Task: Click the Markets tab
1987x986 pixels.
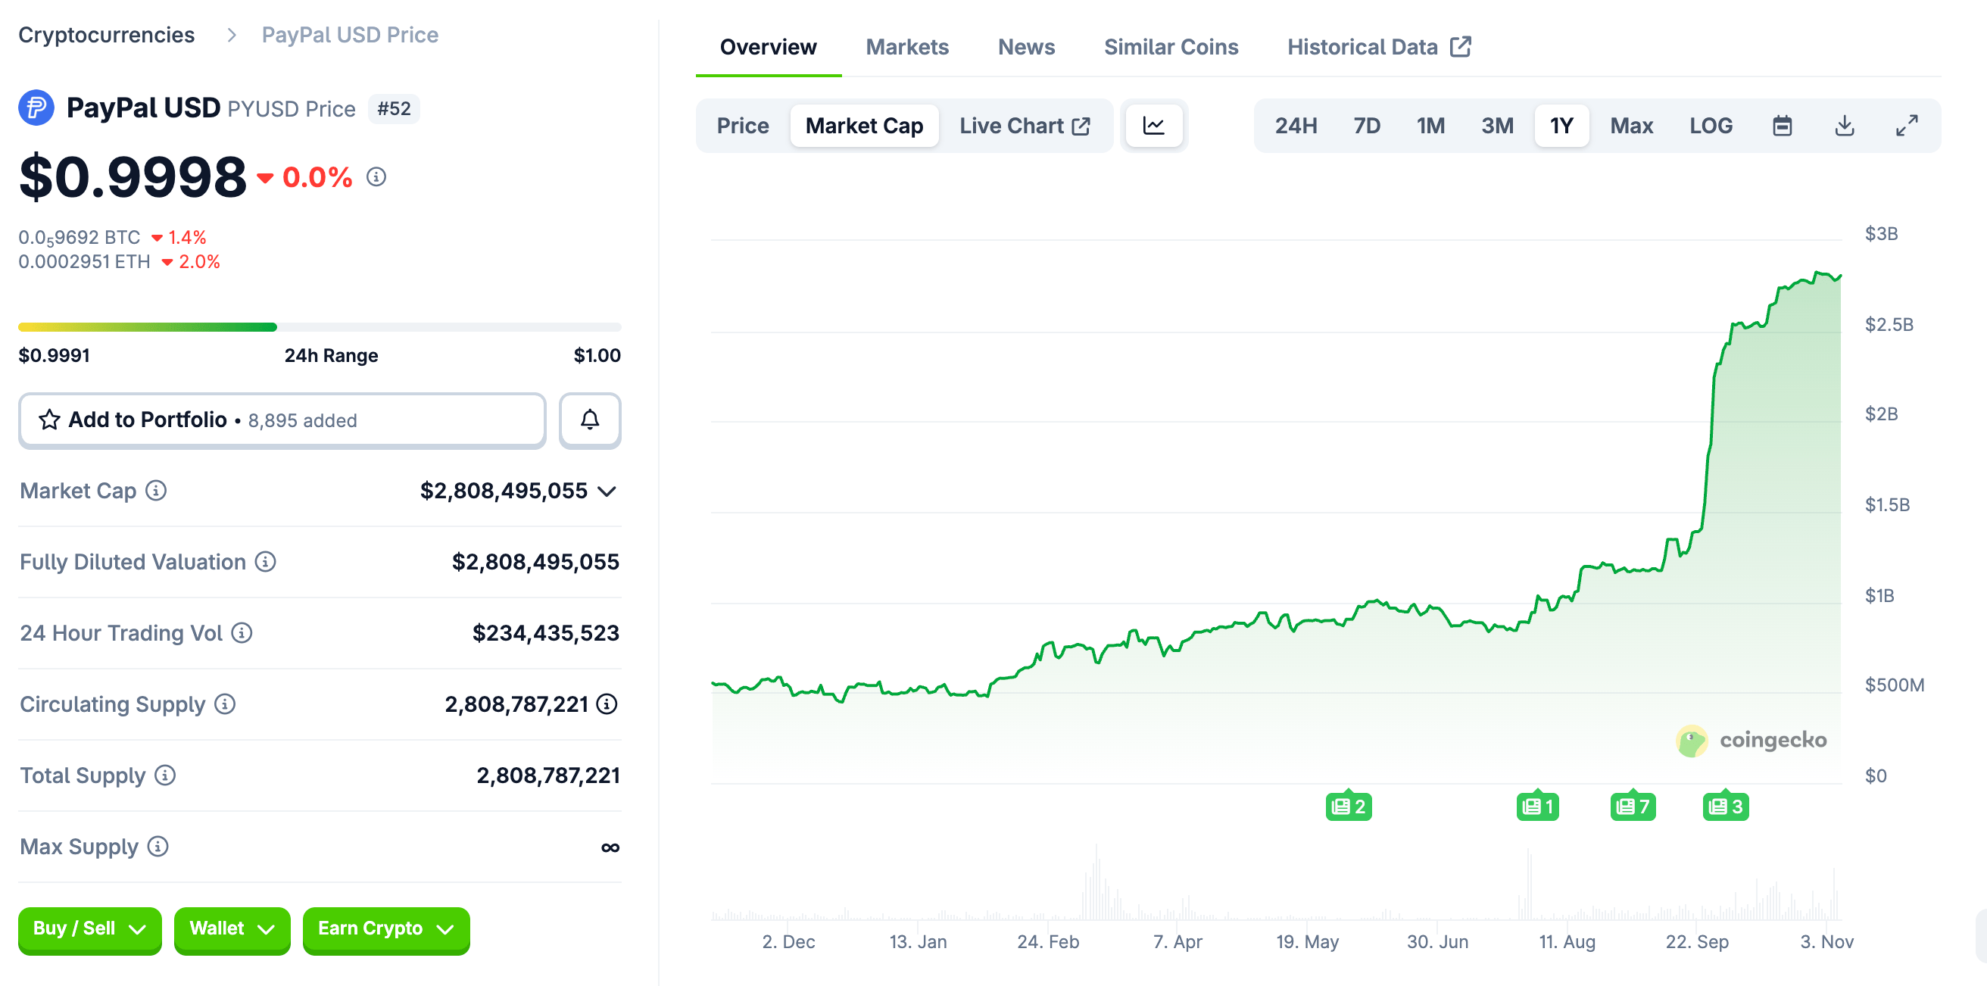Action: tap(906, 47)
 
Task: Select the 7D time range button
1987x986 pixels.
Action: tap(1366, 126)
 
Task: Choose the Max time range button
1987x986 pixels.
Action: tap(1630, 126)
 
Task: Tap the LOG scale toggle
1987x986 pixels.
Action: tap(1710, 126)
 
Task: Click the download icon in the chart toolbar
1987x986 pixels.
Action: tap(1844, 126)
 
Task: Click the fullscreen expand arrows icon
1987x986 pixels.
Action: tap(1906, 126)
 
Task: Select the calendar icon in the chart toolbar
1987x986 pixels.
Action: tap(1782, 126)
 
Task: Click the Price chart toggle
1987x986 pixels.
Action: tap(742, 126)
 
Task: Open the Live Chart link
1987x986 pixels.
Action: tap(1024, 126)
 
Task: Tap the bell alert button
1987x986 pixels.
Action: tap(589, 420)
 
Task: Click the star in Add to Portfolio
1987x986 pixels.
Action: tap(49, 420)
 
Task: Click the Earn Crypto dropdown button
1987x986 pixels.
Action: tap(385, 929)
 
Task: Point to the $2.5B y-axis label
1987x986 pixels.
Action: tap(1889, 325)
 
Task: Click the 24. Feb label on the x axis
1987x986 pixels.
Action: tap(1047, 941)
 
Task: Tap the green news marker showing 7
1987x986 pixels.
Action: tap(1632, 807)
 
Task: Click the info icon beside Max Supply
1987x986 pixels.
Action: tap(158, 847)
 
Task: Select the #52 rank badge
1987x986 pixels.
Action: tap(394, 109)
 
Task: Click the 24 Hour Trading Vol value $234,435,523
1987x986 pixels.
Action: tap(545, 632)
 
